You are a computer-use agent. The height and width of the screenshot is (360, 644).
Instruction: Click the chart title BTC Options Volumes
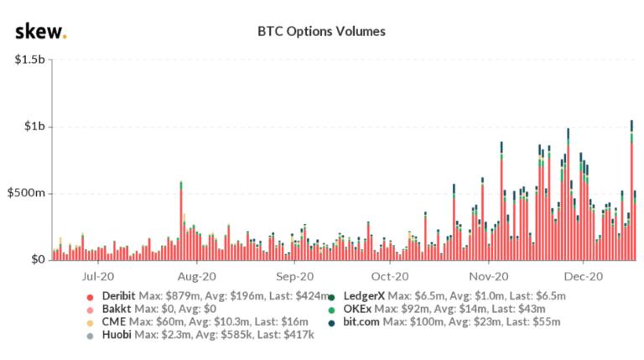click(321, 31)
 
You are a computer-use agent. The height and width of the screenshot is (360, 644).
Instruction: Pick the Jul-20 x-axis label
click(98, 275)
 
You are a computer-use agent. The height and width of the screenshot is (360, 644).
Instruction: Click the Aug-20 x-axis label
click(199, 275)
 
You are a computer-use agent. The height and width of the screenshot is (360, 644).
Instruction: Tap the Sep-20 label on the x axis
click(294, 275)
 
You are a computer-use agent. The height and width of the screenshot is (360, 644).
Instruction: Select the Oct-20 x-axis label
click(390, 275)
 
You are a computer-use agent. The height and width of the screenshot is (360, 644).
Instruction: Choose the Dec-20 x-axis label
click(584, 275)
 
